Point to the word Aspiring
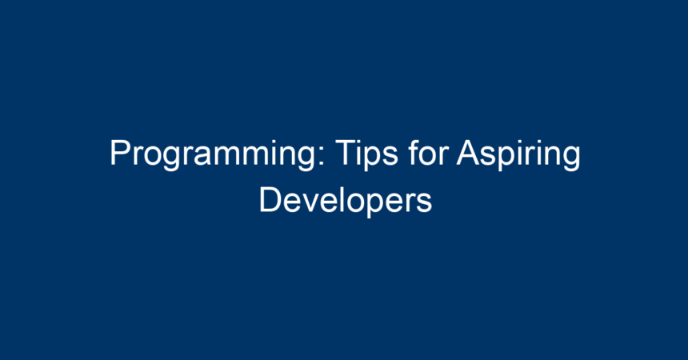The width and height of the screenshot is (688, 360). point(518,154)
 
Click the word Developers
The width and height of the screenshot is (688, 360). point(346,201)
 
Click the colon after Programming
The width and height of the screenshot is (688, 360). point(322,156)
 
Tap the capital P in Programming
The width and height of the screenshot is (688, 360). point(120,152)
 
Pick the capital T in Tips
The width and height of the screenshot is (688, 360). point(346,152)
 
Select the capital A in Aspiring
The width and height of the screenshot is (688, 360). point(468,152)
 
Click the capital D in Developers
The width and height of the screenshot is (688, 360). point(270,200)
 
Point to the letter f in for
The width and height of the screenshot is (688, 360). point(413,152)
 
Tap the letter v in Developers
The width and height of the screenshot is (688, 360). point(314,203)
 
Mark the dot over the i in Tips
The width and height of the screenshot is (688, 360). point(359,142)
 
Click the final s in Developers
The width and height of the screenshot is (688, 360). point(424,203)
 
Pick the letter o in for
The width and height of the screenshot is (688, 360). point(429,156)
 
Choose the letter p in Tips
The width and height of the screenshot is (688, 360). point(373,159)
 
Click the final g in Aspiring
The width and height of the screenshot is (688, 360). point(572,159)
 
